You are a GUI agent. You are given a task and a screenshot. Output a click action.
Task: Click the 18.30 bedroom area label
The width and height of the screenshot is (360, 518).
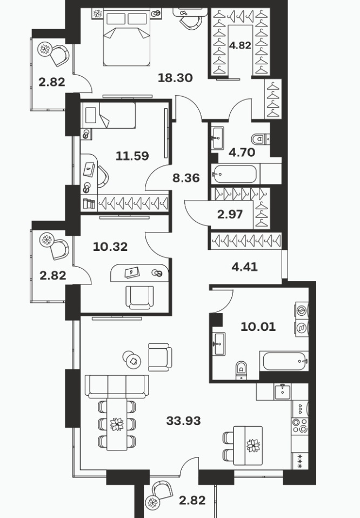[175, 78]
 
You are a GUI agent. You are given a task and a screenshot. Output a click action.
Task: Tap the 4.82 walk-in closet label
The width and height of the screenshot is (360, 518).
[240, 45]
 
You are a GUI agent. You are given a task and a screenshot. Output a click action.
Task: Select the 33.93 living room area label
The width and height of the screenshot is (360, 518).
[183, 421]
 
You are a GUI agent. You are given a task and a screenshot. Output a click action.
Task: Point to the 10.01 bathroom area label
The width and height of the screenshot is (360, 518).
[258, 327]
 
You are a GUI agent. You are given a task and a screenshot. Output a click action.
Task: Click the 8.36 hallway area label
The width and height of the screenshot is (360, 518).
[186, 178]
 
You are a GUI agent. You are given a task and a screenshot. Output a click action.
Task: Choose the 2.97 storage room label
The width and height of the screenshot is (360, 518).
[230, 215]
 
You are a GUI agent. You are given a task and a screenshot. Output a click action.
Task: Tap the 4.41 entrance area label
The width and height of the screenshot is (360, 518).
[244, 267]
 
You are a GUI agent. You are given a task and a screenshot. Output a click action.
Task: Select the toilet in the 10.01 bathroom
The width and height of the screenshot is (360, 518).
[242, 370]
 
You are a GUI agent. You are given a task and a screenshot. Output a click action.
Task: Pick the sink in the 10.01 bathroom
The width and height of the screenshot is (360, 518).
[218, 344]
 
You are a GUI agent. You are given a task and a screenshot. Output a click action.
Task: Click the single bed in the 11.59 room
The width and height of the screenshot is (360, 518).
[109, 115]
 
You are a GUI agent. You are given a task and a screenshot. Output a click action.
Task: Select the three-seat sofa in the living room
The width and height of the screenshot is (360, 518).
[117, 387]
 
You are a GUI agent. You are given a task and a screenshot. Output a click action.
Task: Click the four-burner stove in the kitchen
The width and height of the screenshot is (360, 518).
[300, 426]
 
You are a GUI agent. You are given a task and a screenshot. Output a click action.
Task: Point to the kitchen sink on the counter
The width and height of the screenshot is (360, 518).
[282, 391]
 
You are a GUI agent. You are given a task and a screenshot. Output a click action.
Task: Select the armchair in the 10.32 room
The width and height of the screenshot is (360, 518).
[139, 297]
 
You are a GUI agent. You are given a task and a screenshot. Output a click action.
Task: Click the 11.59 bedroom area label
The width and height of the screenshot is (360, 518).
[132, 156]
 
